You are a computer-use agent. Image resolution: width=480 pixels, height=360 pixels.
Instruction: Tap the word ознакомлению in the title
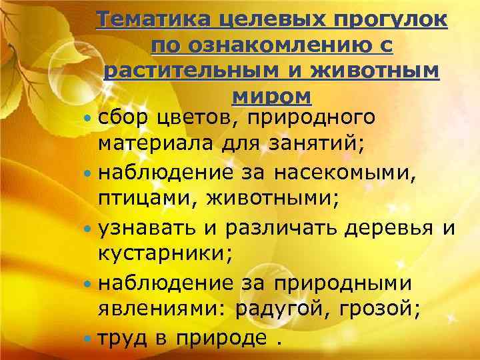pyautogui.click(x=263, y=46)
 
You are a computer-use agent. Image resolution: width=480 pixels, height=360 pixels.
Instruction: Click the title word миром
pyautogui.click(x=271, y=97)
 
